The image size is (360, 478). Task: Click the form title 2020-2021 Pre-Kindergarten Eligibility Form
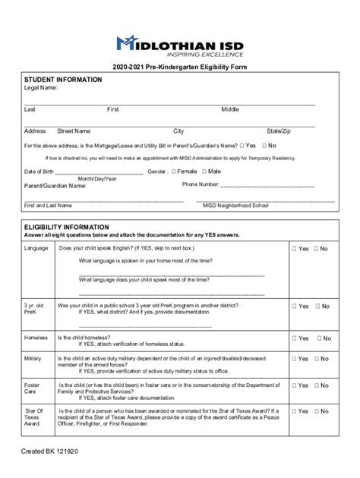[x=180, y=68]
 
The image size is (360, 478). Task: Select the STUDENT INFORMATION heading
[x=63, y=80]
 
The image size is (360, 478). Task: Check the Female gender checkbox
[x=174, y=171]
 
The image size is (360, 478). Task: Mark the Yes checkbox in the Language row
[x=294, y=249]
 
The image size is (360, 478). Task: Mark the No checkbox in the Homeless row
[x=317, y=338]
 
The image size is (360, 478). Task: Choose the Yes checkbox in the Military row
[x=294, y=359]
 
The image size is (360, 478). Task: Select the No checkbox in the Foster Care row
[x=317, y=386]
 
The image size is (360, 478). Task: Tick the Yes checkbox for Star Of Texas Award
[x=294, y=411]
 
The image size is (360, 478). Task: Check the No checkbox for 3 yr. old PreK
[x=317, y=307]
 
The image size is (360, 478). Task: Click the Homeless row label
[x=36, y=338]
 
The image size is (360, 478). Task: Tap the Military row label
[x=33, y=358]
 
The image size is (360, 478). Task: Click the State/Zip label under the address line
[x=279, y=131]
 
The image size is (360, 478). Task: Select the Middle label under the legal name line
[x=230, y=110]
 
